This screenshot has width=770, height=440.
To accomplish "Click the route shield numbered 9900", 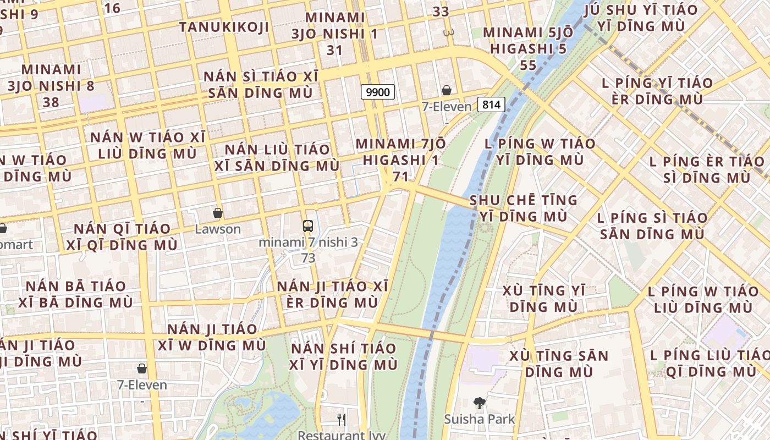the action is pyautogui.click(x=378, y=92).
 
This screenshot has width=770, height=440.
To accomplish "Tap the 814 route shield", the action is pyautogui.click(x=491, y=104).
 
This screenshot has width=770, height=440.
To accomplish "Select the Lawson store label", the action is pyautogui.click(x=218, y=229).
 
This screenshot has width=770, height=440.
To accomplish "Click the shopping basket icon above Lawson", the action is pyautogui.click(x=218, y=213).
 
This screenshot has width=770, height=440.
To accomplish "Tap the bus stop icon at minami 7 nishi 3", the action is pyautogui.click(x=308, y=226).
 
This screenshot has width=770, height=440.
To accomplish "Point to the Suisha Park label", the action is pyautogui.click(x=480, y=419).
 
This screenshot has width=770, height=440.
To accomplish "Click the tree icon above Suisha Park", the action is pyautogui.click(x=480, y=403).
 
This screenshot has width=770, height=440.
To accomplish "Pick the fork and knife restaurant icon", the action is pyautogui.click(x=342, y=420).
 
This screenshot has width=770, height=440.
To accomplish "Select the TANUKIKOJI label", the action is pyautogui.click(x=224, y=27).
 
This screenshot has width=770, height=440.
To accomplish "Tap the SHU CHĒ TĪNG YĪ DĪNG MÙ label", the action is pyautogui.click(x=524, y=208).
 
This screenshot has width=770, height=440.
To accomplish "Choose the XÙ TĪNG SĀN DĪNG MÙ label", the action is pyautogui.click(x=559, y=364).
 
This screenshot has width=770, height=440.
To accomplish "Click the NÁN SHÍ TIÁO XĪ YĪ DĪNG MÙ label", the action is pyautogui.click(x=344, y=356).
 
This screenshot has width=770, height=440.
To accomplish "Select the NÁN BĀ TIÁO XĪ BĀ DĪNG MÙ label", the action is pyautogui.click(x=76, y=294).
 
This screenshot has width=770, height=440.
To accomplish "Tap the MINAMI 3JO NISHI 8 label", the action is pyautogui.click(x=51, y=78).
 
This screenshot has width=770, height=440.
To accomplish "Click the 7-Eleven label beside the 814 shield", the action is pyautogui.click(x=447, y=107).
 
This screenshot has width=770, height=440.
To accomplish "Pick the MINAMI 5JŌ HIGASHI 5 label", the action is pyautogui.click(x=528, y=41).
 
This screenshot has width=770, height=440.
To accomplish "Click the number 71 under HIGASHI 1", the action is pyautogui.click(x=400, y=177).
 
